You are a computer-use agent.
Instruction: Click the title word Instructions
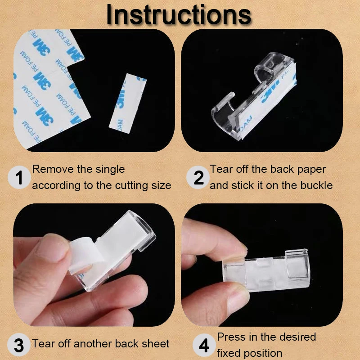(x=179, y=14)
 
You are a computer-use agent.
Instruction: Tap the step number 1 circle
(x=19, y=177)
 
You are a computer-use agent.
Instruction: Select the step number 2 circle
(x=198, y=177)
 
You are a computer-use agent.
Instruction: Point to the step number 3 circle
(x=19, y=345)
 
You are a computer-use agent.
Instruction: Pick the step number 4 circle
(x=204, y=345)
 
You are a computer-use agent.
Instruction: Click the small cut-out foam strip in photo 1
(x=128, y=103)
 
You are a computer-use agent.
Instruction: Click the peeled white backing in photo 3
(x=85, y=255)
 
